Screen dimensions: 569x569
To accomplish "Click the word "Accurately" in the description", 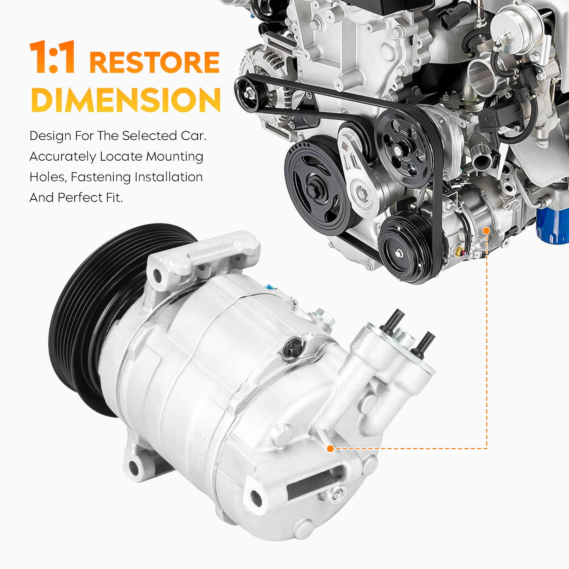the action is tap(63, 157).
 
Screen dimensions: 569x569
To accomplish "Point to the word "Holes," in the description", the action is tap(48, 177).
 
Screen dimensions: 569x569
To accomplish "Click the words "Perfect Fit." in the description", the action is tap(90, 198).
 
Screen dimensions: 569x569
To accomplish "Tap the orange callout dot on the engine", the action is tap(487, 231).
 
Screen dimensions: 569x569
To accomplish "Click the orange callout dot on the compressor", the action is tap(330, 449).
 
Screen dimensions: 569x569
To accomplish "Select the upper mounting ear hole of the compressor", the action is tap(157, 275).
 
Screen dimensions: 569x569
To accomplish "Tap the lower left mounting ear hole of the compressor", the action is tap(134, 468).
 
